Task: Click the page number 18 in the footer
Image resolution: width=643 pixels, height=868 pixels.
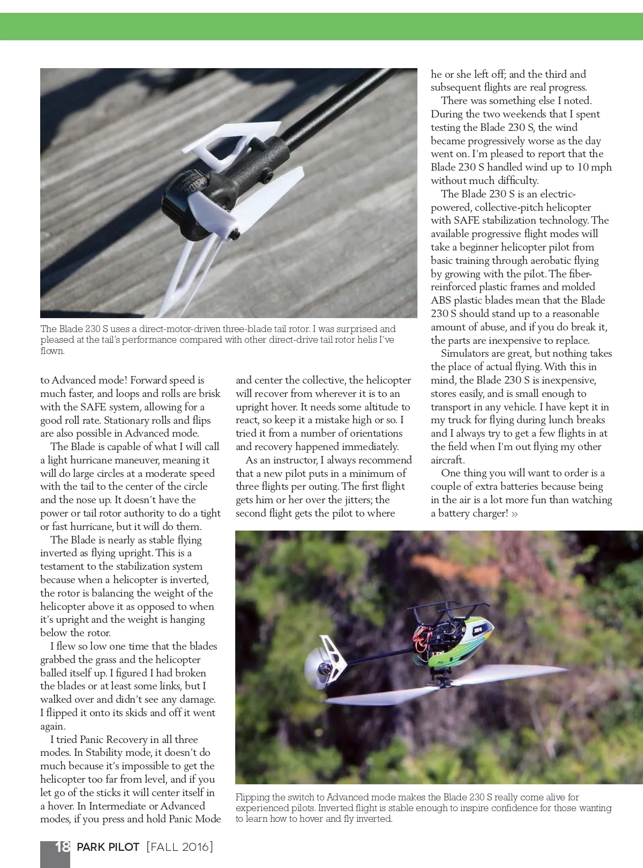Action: [62, 847]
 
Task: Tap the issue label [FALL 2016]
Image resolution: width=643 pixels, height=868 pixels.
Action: [180, 847]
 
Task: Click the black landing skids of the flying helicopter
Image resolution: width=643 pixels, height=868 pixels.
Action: [450, 608]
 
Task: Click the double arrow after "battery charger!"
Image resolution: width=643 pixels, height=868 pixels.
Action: [514, 513]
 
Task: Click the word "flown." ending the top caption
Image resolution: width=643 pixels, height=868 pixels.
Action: [53, 351]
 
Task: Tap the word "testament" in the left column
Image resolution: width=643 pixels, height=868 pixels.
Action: [64, 566]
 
